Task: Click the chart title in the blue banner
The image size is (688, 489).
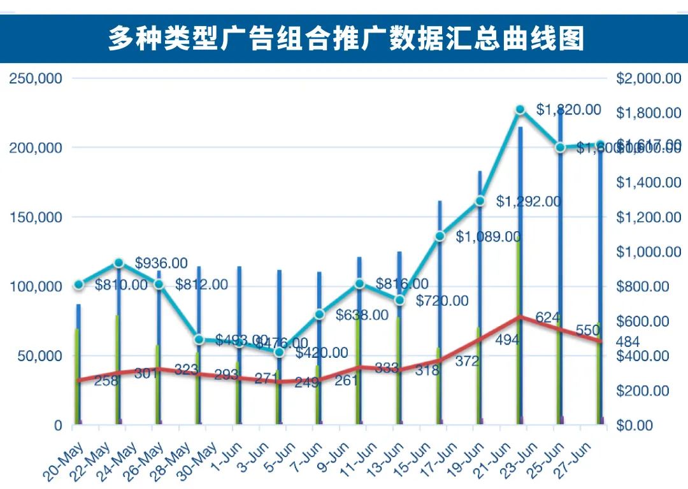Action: pos(345,39)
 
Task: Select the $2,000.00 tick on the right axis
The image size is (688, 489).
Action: pos(649,79)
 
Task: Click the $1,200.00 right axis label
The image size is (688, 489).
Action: pos(649,217)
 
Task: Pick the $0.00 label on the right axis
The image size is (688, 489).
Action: pos(649,425)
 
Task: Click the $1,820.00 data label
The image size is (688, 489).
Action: pos(568,110)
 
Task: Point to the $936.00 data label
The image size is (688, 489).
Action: pos(162,263)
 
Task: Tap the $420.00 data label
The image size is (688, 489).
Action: pos(322,353)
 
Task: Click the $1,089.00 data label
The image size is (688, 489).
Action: pos(488,237)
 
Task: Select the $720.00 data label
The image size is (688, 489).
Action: pos(442,301)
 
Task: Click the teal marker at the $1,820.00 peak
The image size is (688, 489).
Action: pos(520,110)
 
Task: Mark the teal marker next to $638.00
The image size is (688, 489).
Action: pos(320,315)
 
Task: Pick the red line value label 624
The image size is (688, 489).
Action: pos(547,317)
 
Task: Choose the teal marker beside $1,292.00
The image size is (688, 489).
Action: pos(480,201)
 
